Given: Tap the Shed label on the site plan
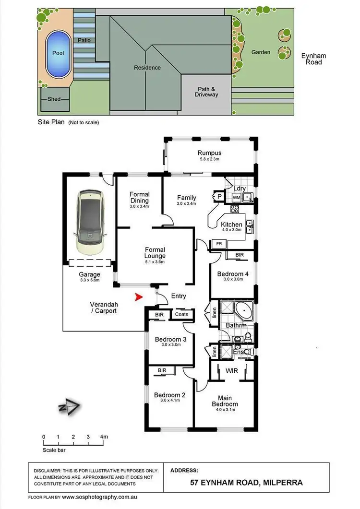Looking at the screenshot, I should coord(54,99).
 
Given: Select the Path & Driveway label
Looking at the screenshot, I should coord(206,92).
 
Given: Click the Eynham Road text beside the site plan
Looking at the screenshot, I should coord(313,59).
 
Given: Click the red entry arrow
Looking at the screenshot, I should coord(139,298).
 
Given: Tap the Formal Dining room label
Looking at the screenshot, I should coord(140,197).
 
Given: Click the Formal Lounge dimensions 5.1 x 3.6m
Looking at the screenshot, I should coord(155,262).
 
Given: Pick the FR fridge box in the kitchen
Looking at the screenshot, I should coord(219,244).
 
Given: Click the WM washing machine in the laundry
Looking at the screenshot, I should coord(236,197).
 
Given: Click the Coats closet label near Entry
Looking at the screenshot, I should coord(181,315).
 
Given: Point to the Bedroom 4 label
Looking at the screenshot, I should coord(233,274).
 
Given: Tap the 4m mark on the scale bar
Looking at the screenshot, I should coord(103,437).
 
